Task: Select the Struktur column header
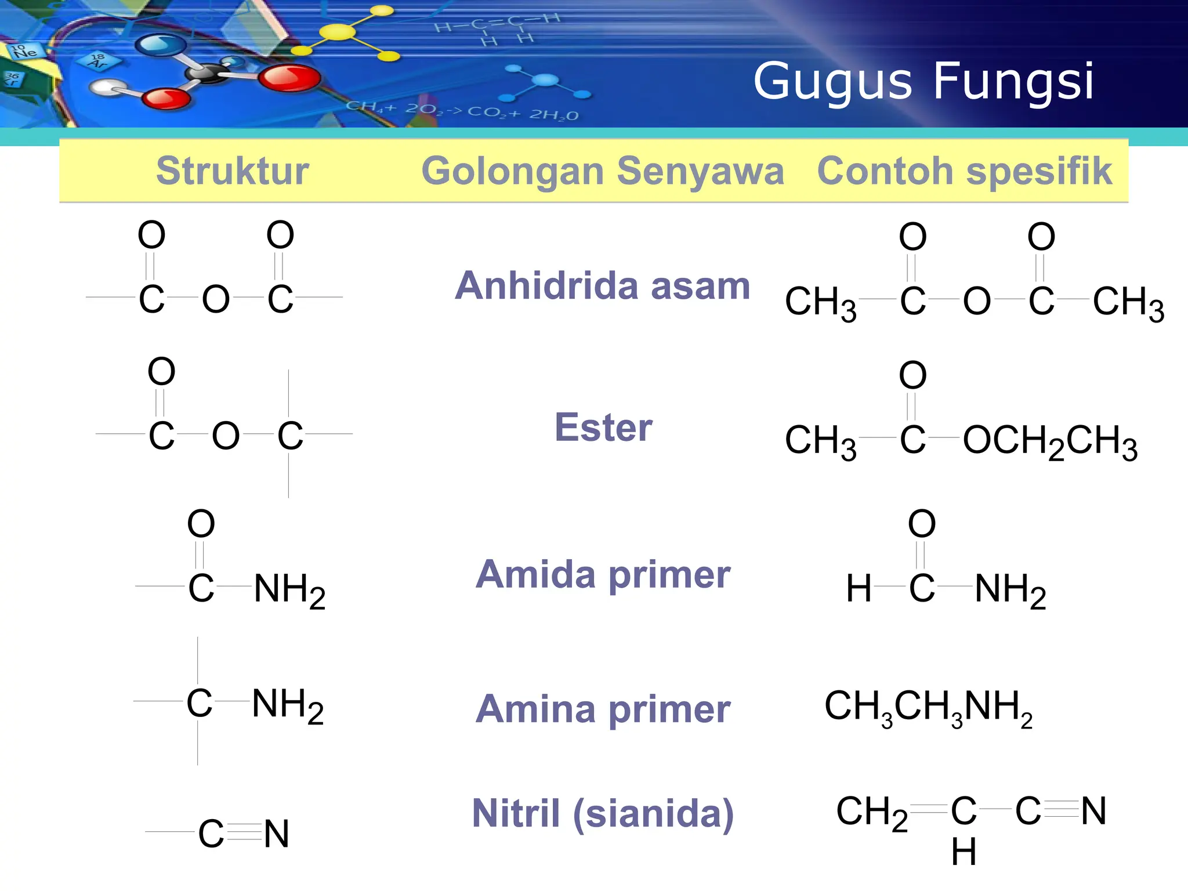(233, 171)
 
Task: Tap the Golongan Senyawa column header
(603, 172)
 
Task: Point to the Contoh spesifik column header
(965, 171)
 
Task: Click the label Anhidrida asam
(603, 286)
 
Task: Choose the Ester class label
(603, 428)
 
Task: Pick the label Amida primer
(603, 575)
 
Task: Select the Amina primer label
(603, 709)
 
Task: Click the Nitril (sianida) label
(603, 813)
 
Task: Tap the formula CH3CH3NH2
(929, 708)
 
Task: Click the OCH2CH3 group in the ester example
(1051, 442)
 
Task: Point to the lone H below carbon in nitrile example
(964, 852)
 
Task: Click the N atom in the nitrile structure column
(276, 834)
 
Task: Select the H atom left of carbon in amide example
(859, 588)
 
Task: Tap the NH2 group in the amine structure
(288, 706)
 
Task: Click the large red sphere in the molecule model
(289, 78)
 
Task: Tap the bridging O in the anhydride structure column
(216, 299)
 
